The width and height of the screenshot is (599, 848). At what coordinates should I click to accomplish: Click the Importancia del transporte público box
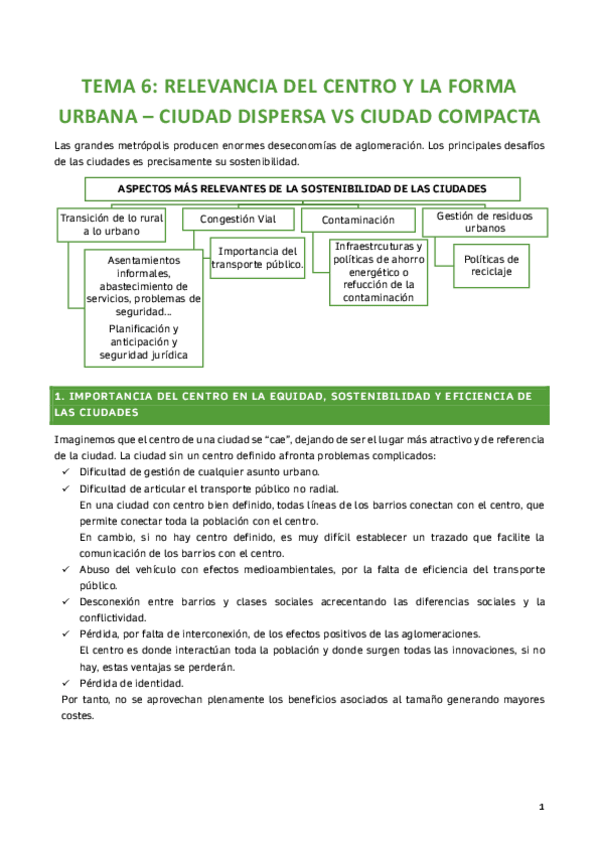click(x=257, y=257)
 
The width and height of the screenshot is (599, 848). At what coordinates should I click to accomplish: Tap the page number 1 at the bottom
click(x=540, y=806)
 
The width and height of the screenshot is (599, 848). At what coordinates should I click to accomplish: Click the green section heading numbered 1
click(x=299, y=404)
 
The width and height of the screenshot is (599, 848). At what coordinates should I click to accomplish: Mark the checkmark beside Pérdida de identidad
click(x=67, y=683)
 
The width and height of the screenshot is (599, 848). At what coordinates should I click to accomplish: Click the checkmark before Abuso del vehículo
click(x=67, y=569)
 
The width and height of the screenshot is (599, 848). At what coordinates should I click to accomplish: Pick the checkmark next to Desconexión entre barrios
click(x=67, y=602)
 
